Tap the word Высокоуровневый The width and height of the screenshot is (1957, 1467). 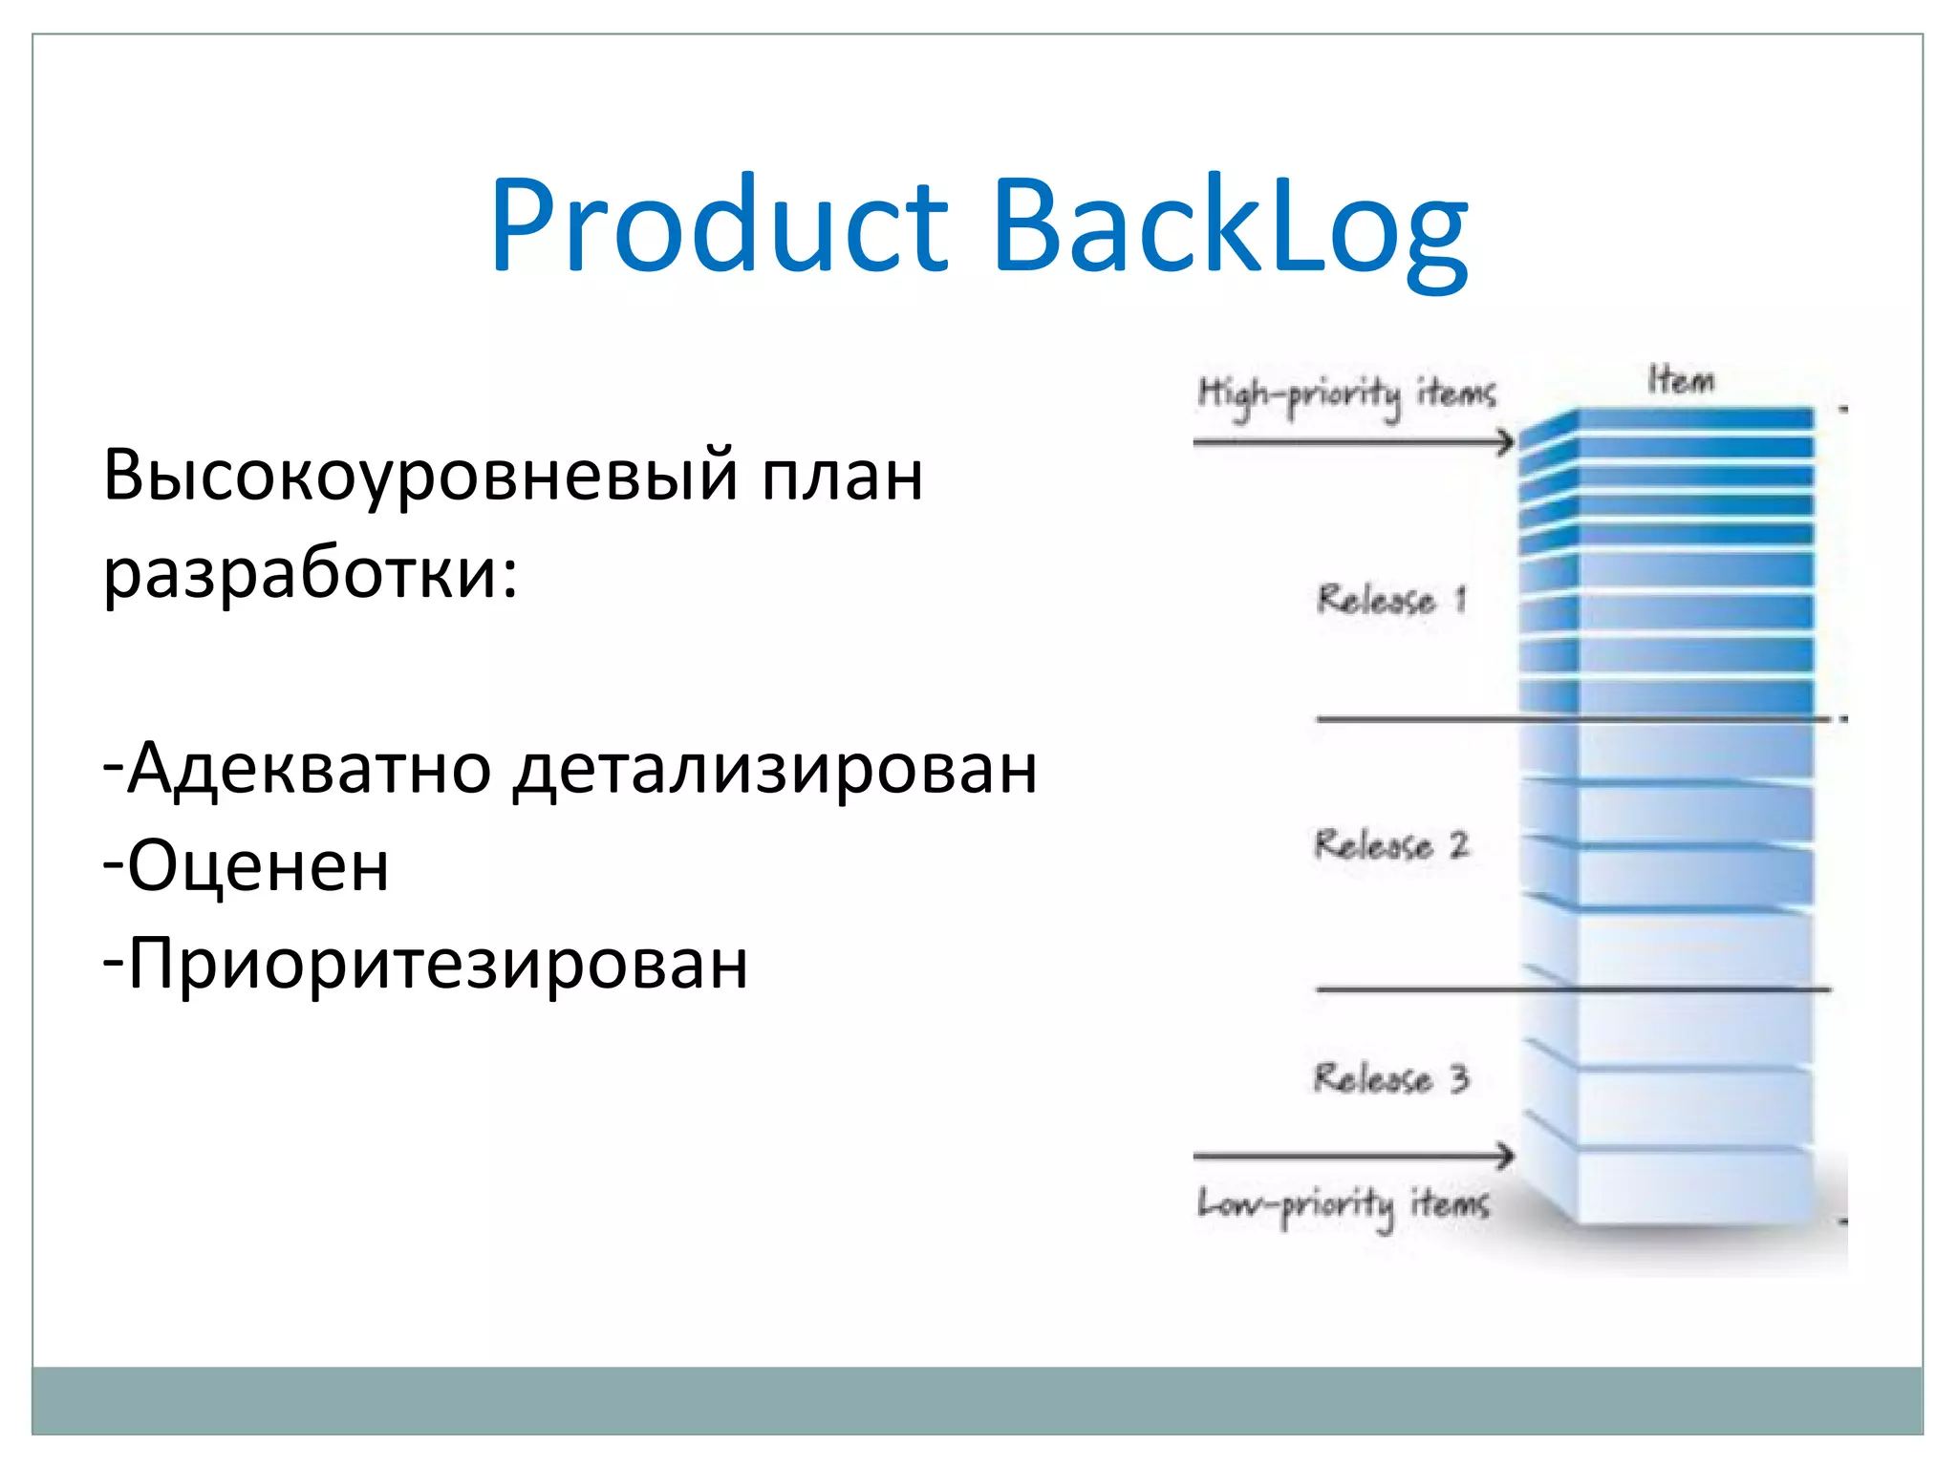[x=419, y=476]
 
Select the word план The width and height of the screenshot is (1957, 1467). [x=842, y=476]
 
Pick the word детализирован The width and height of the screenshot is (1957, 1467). [x=775, y=769]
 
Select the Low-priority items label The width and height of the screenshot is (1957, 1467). [x=1344, y=1205]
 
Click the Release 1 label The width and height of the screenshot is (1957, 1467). [x=1390, y=600]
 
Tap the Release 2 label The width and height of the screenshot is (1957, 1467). [x=1390, y=845]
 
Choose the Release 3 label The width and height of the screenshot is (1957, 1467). [x=1390, y=1078]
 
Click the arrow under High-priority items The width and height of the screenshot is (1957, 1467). [x=1352, y=442]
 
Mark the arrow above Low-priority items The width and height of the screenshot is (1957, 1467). [x=1352, y=1156]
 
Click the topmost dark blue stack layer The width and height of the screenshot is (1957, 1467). [x=1691, y=418]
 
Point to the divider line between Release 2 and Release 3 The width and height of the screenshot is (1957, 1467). [x=1572, y=989]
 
